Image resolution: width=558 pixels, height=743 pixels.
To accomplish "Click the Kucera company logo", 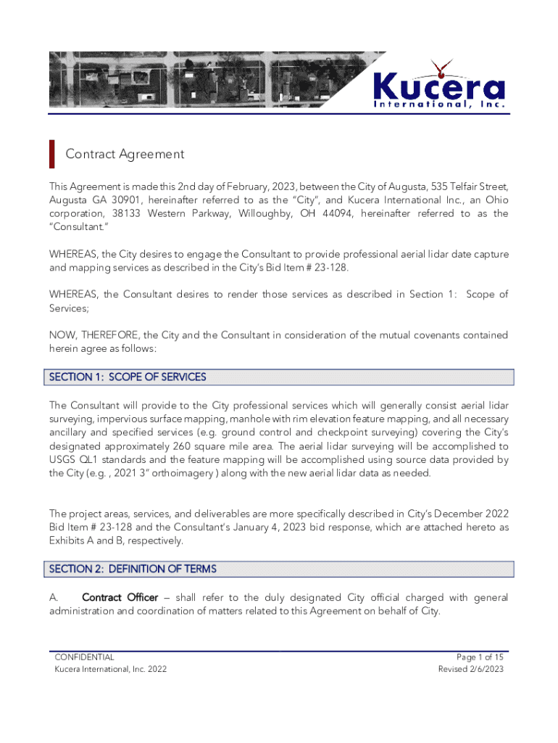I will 439,86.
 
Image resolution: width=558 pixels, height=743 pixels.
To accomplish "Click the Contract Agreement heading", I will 125,154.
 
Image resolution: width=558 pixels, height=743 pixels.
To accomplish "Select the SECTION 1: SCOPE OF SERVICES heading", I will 128,377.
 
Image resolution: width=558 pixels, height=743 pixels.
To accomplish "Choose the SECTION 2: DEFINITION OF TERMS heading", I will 133,569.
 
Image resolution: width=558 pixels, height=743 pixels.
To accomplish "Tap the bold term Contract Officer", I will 120,597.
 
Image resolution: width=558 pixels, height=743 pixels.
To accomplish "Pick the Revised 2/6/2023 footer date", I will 471,669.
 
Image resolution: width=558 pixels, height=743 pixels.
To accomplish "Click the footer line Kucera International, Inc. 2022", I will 111,669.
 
